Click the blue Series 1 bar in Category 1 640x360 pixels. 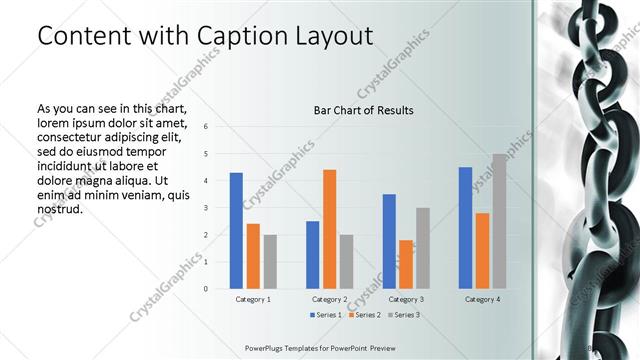(236, 231)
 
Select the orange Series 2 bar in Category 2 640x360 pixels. (329, 229)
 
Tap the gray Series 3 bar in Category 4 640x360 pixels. (499, 221)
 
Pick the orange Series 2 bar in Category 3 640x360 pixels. (405, 264)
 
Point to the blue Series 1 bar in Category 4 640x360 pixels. (465, 228)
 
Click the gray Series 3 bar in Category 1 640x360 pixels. (270, 262)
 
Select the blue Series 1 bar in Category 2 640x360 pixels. (312, 255)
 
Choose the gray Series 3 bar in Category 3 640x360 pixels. (422, 248)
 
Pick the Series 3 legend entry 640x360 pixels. (402, 315)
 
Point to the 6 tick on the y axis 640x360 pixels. (205, 127)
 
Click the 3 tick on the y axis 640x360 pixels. (205, 208)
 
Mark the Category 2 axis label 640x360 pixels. (329, 299)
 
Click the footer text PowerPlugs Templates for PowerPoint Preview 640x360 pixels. (326, 347)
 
